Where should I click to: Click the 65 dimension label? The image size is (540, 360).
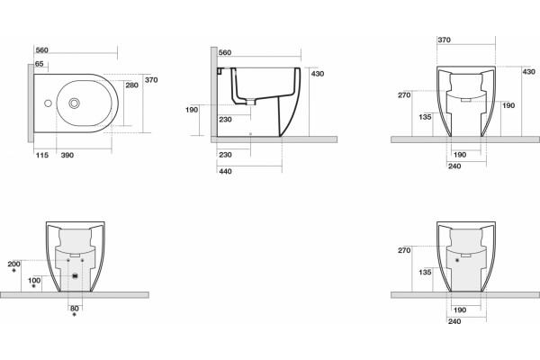(x=40, y=64)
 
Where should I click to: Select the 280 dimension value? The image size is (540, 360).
(x=132, y=85)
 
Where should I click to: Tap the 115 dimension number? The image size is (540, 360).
(x=42, y=155)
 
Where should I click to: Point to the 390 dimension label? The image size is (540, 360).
(x=67, y=155)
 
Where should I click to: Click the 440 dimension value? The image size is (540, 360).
(x=225, y=171)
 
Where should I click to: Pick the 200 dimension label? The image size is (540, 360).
(x=13, y=265)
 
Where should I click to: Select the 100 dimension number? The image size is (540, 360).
(x=34, y=281)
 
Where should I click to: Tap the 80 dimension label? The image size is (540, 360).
(x=75, y=309)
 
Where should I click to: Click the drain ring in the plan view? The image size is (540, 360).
(x=74, y=103)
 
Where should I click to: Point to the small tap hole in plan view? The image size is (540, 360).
(x=48, y=103)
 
